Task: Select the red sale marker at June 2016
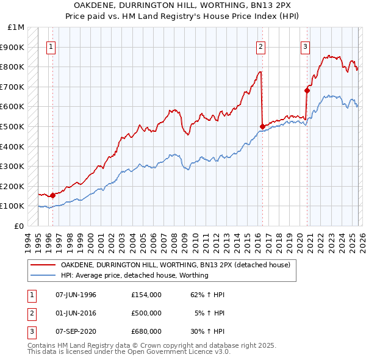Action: (262, 126)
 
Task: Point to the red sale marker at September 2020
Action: (307, 90)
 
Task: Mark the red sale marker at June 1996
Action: (53, 195)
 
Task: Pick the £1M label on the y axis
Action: (16, 27)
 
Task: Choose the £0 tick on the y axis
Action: (20, 226)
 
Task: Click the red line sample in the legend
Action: (43, 265)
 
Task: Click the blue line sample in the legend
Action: (43, 275)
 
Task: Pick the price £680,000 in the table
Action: (146, 333)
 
